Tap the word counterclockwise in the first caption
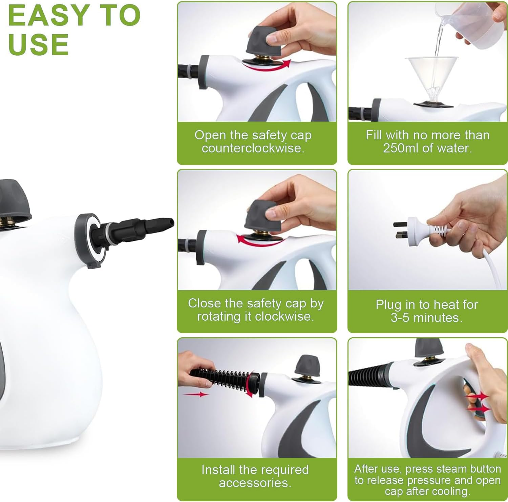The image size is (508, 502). pyautogui.click(x=253, y=148)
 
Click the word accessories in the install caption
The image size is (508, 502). pyautogui.click(x=255, y=483)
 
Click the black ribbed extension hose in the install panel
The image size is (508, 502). pyautogui.click(x=220, y=377)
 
